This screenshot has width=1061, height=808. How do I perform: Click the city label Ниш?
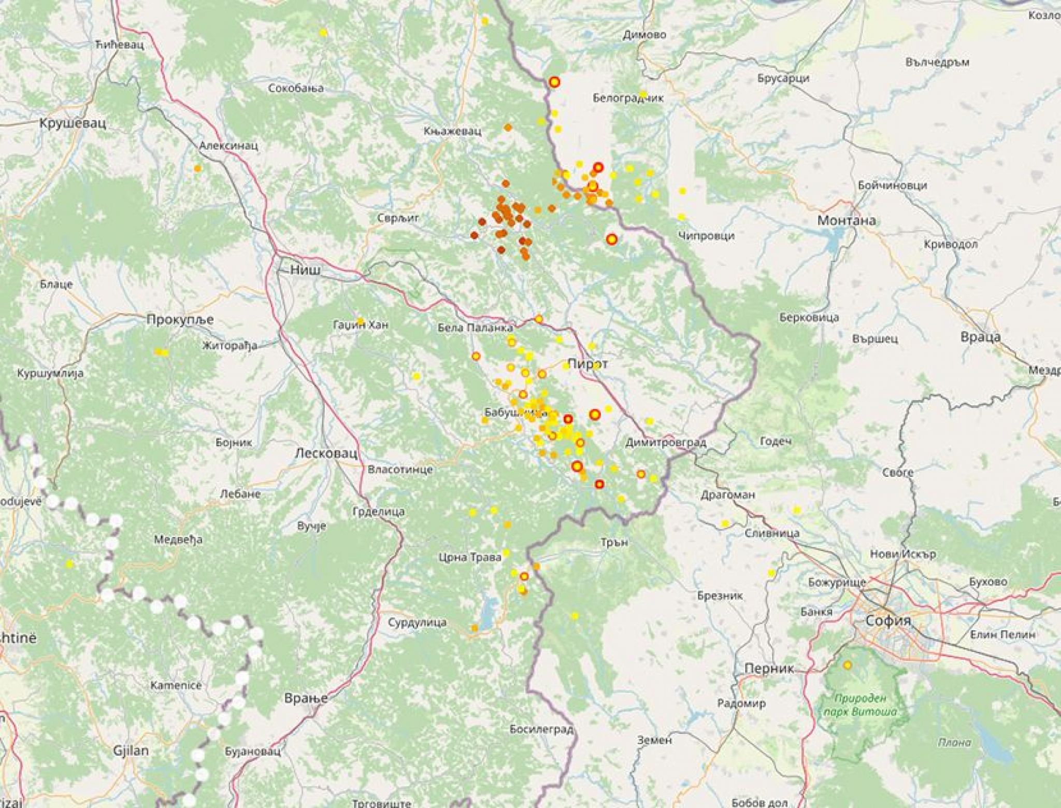point(305,270)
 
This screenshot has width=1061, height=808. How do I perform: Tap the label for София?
point(887,620)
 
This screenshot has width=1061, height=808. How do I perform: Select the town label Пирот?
point(587,364)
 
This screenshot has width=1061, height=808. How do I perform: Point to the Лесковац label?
point(326,453)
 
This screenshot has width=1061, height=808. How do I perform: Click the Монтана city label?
point(847,220)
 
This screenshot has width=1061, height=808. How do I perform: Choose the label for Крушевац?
point(73,123)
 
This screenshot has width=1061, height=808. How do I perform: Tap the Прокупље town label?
point(179,319)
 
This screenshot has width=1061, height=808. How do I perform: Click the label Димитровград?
point(666,443)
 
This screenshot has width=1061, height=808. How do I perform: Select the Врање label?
point(306,699)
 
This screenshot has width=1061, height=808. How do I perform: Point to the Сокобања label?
point(296,88)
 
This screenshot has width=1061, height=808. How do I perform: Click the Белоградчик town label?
point(628,98)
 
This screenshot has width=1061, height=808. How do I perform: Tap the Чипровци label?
point(706,236)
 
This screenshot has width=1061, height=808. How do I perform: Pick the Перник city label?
point(769,669)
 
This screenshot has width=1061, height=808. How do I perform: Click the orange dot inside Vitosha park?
point(847,665)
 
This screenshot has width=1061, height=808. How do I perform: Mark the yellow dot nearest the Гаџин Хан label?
point(361,320)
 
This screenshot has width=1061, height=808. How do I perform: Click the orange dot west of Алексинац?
point(197,168)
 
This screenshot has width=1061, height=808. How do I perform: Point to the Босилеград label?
point(541,730)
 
